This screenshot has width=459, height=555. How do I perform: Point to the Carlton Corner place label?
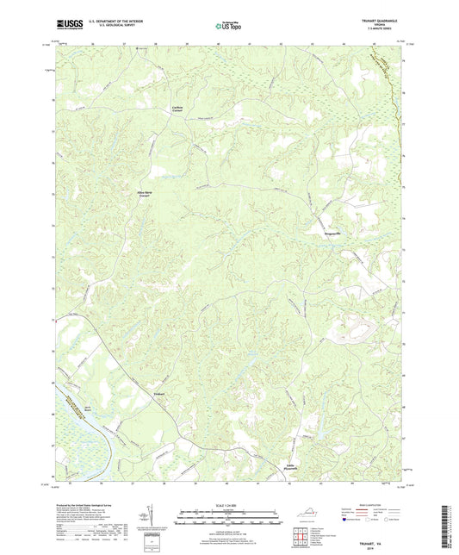(177, 108)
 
